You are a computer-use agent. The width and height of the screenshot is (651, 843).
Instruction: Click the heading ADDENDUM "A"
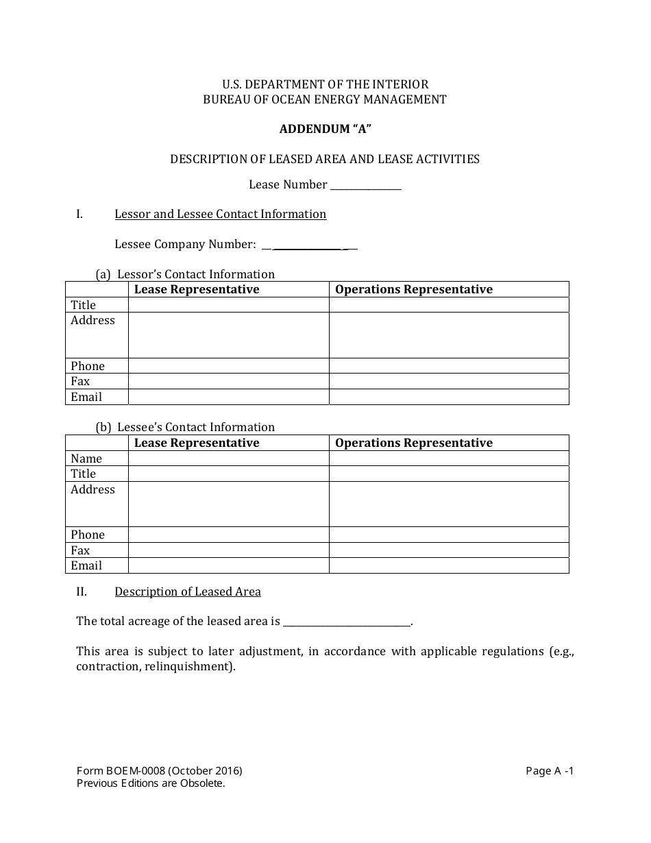(325, 129)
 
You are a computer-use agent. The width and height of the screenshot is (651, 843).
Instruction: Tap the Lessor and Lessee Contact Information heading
(220, 214)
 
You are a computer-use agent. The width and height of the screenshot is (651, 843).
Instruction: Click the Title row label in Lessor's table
(84, 305)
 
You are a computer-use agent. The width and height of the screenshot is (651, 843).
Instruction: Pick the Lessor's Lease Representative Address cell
(228, 335)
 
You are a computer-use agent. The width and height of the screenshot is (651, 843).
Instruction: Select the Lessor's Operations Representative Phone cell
(449, 366)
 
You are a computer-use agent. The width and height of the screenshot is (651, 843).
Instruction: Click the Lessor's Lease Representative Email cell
(228, 397)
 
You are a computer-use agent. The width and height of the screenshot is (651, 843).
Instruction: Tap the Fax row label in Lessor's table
(80, 381)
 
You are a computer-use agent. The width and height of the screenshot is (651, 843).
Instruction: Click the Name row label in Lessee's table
(86, 459)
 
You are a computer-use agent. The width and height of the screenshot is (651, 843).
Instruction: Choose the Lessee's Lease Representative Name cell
(228, 459)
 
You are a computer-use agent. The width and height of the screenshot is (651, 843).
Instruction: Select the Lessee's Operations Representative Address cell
(449, 504)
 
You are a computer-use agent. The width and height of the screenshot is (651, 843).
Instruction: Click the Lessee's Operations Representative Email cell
(449, 565)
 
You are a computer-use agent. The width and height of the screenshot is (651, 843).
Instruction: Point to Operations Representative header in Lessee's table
(414, 443)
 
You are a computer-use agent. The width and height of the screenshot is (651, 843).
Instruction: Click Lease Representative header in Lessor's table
(197, 289)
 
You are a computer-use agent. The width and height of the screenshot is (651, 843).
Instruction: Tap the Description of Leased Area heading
(187, 591)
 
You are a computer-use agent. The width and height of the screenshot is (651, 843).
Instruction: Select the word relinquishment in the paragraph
(186, 666)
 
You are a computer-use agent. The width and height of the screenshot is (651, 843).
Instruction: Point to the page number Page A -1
(550, 770)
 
